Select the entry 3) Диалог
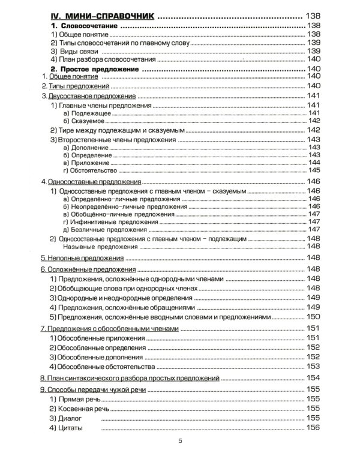(66, 418)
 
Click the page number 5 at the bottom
(179, 441)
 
